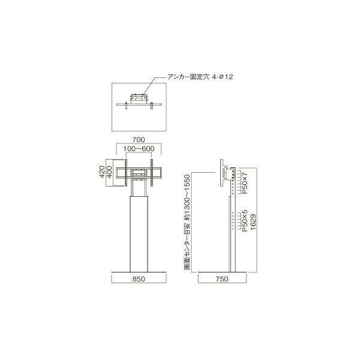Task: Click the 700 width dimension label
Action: click(x=139, y=139)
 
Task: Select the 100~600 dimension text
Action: click(x=139, y=149)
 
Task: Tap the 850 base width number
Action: click(x=139, y=279)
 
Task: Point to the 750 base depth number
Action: click(x=222, y=279)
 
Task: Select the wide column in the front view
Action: click(x=139, y=234)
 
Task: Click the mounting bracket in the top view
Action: click(x=139, y=97)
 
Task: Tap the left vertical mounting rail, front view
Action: click(x=126, y=172)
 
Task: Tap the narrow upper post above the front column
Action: click(x=139, y=189)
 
